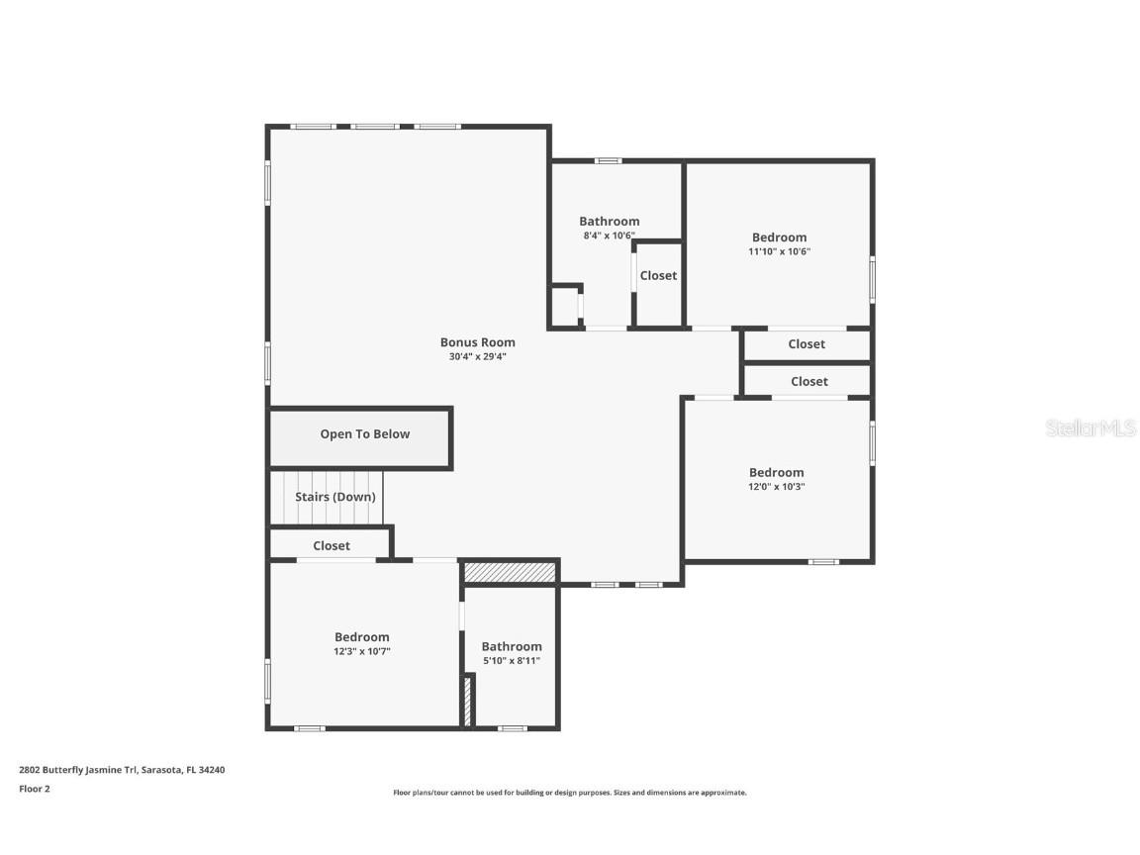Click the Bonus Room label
477,342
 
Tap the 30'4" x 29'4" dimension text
477,356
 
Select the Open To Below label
364,434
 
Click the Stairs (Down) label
335,497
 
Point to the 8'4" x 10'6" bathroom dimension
609,237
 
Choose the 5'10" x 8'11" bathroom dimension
512,661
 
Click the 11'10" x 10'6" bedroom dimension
779,252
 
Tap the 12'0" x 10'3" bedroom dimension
776,487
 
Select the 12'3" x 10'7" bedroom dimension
361,651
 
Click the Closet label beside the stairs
332,546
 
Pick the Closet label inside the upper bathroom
658,276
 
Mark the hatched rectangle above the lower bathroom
510,572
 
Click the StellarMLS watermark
1091,428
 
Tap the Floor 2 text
34,789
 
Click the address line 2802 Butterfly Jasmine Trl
122,769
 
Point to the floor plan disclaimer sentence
569,793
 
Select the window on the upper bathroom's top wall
608,160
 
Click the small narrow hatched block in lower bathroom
467,701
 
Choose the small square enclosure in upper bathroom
565,306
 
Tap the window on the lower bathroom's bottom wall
512,728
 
